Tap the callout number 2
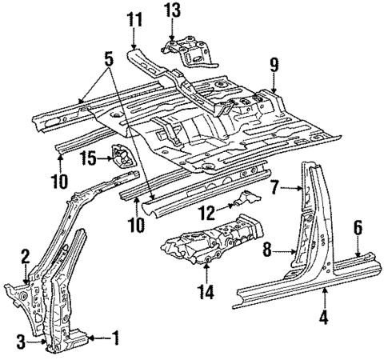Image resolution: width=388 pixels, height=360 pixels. pos(26,256)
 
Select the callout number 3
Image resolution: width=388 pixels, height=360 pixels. pos(21,343)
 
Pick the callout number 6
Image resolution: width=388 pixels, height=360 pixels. pos(359,227)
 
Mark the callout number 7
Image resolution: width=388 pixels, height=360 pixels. pos(274,188)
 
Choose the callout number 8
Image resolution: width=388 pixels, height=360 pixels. pos(268,250)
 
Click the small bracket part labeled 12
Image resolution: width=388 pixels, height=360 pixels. pos(241,200)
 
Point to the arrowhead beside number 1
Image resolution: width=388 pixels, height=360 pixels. pos(90,338)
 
